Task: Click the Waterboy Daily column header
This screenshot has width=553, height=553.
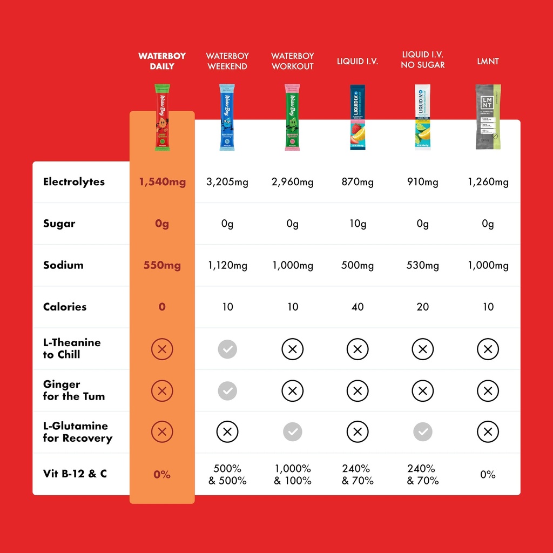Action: pos(162,61)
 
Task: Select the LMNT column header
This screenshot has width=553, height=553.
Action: pos(488,61)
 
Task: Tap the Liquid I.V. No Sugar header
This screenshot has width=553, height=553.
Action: pos(423,60)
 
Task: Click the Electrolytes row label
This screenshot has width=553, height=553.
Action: pos(74,181)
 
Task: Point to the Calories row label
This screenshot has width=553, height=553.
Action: pos(65,307)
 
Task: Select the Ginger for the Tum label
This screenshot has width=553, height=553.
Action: pos(74,390)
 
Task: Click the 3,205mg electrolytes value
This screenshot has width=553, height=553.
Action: pos(227,182)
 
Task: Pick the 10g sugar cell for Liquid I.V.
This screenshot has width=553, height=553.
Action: pos(358,224)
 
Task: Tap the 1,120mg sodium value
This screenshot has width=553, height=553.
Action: pos(227,265)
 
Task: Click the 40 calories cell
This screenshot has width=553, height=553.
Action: pos(358,307)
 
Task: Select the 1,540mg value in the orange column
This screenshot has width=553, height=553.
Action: pos(162,182)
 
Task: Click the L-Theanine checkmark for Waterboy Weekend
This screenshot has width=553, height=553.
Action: pos(227,349)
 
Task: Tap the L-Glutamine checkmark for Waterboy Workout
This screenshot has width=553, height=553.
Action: pos(293,431)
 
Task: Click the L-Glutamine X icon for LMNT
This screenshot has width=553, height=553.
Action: pos(488,431)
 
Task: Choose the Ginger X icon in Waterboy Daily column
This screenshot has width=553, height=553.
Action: pos(162,390)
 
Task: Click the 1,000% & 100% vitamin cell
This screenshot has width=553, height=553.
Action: pos(293,474)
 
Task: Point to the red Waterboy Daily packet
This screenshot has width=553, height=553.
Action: pos(162,117)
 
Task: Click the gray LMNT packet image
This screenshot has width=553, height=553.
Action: pos(488,117)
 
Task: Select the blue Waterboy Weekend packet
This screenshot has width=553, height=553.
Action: pos(227,117)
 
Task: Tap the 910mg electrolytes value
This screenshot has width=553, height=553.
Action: pos(423,182)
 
